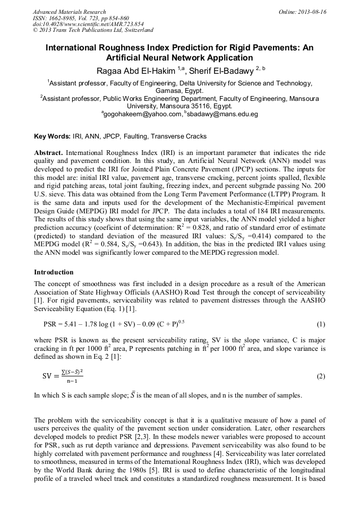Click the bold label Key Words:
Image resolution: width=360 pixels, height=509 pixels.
(x=51, y=136)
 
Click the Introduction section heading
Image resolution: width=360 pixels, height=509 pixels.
(x=54, y=272)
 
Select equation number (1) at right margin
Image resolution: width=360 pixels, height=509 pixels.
(x=321, y=324)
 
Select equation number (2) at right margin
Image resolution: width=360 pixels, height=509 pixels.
(x=321, y=376)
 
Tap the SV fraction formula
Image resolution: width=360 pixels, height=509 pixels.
(x=63, y=376)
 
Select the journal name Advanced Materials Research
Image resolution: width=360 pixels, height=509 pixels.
(x=70, y=12)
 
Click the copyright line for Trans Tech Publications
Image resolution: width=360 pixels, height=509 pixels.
(x=93, y=30)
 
